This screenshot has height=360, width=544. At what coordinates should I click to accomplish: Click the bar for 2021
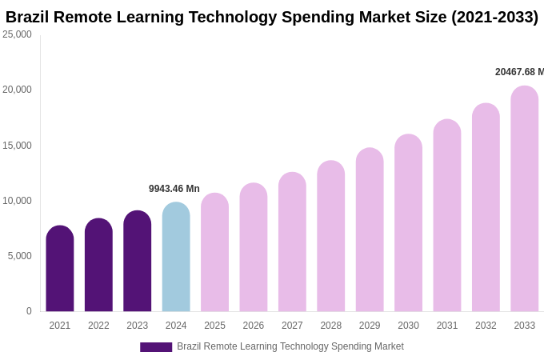tap(60, 269)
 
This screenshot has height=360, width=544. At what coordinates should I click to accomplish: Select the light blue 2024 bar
tap(176, 257)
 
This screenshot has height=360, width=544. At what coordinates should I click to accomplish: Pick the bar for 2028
tap(330, 236)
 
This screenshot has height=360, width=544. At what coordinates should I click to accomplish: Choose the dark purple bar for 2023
tap(138, 261)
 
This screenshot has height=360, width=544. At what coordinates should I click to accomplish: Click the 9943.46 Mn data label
tap(174, 189)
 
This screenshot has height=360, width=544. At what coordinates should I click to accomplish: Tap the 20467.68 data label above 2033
tap(519, 72)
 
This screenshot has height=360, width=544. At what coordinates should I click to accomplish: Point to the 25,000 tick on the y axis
tap(17, 34)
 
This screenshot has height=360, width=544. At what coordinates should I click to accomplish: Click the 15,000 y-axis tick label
tap(17, 146)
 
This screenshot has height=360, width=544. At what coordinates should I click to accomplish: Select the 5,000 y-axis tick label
tap(19, 256)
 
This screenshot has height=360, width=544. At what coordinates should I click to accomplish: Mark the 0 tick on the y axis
tap(29, 311)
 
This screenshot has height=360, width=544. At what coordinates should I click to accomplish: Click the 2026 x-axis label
tap(254, 326)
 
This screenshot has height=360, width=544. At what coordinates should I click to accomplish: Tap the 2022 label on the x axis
tap(98, 326)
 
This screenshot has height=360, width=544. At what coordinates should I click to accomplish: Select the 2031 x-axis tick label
tap(447, 326)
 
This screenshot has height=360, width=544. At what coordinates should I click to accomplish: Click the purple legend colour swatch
tap(156, 347)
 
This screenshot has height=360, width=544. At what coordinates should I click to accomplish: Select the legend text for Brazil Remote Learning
tap(290, 346)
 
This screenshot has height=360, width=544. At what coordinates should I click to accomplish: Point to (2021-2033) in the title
tap(494, 17)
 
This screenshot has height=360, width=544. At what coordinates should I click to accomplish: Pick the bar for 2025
tap(214, 252)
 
